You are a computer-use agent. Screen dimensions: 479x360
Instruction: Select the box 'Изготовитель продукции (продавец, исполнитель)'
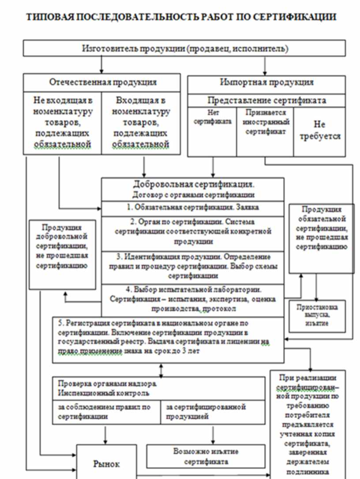pyautogui.click(x=184, y=49)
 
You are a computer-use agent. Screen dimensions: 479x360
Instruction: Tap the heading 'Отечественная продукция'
pyautogui.click(x=102, y=82)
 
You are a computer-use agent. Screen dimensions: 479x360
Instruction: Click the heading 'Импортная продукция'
pyautogui.click(x=266, y=82)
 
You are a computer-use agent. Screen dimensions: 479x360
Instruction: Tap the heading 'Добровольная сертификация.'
pyautogui.click(x=193, y=184)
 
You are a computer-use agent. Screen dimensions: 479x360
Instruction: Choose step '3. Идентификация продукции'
pyautogui.click(x=193, y=266)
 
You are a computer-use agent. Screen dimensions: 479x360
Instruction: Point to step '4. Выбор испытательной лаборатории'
pyautogui.click(x=193, y=299)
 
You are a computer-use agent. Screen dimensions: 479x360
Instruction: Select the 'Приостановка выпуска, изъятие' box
pyautogui.click(x=316, y=315)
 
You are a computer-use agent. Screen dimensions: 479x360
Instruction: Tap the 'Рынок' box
pyautogui.click(x=106, y=463)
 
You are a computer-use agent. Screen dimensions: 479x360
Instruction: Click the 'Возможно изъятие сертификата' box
pyautogui.click(x=206, y=457)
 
